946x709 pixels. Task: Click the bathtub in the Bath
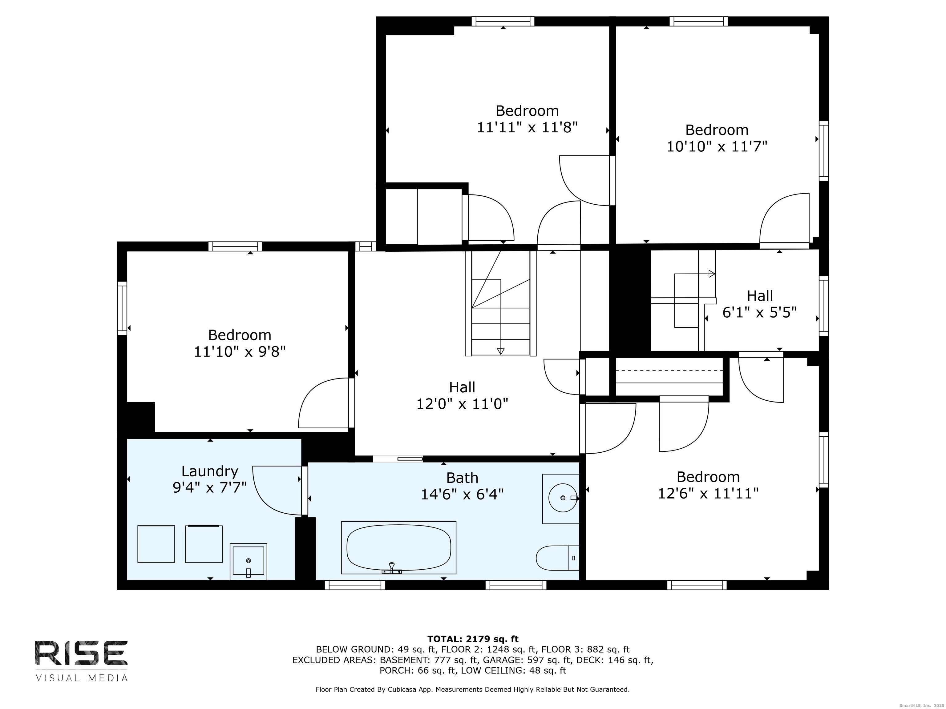(x=398, y=547)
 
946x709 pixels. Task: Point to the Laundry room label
(x=210, y=471)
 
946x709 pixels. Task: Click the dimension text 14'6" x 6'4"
(x=462, y=495)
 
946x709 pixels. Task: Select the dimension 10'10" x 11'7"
(x=717, y=146)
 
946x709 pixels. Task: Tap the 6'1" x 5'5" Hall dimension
(x=759, y=312)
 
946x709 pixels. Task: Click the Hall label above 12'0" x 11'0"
(x=462, y=387)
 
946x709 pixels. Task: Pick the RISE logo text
(x=81, y=653)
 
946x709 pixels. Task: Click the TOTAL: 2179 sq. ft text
(x=473, y=639)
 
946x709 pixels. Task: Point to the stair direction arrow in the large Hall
(x=501, y=351)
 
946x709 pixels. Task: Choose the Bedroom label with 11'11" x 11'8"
(x=527, y=111)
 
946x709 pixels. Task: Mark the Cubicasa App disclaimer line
(x=473, y=689)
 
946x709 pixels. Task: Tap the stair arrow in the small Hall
(x=712, y=274)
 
